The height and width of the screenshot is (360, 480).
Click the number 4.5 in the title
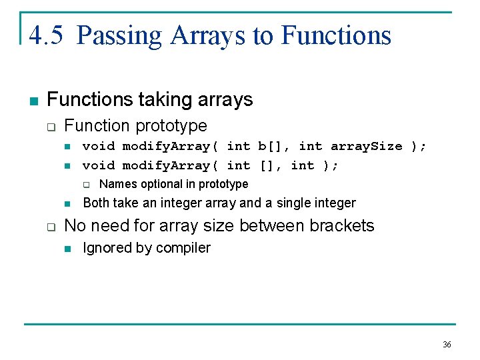[x=46, y=35]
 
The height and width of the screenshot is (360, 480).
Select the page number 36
[x=447, y=345]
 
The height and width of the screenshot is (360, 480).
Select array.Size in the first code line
[x=367, y=146]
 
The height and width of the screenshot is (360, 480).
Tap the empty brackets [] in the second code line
[x=270, y=165]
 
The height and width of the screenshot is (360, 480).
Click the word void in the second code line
[x=98, y=165]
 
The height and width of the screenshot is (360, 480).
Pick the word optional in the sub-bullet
[x=161, y=184]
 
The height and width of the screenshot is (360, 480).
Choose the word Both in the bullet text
[x=96, y=203]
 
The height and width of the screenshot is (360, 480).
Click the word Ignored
[x=106, y=248]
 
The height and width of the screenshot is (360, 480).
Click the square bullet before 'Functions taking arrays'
[x=33, y=101]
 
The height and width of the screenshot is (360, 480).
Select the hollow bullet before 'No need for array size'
[x=51, y=227]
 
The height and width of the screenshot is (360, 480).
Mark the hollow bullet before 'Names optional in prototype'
[x=85, y=185]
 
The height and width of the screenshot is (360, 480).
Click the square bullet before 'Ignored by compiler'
[x=67, y=249]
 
